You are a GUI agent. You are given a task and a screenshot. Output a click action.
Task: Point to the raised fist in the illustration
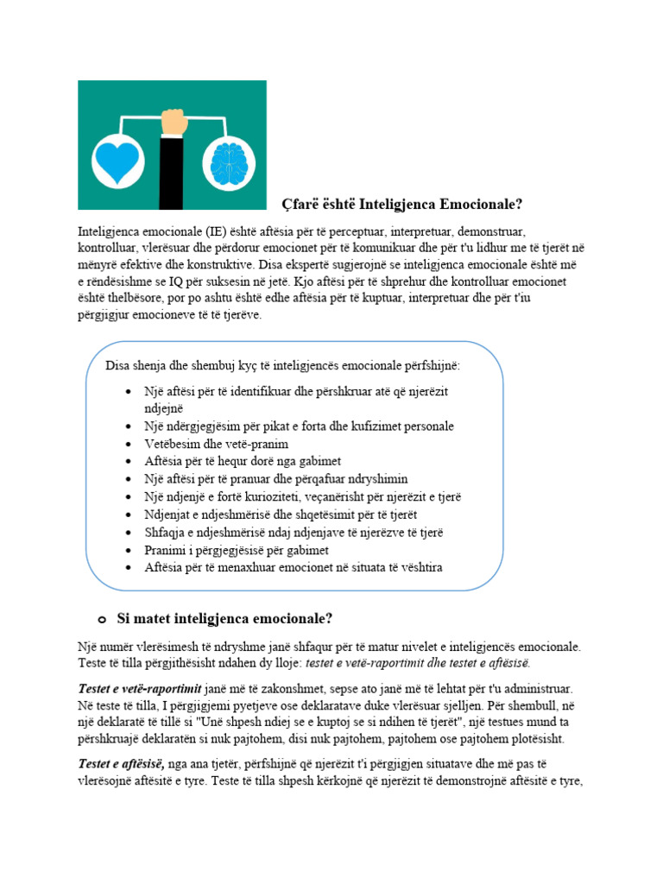click(174, 120)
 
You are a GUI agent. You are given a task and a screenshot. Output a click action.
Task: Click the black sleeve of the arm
click(172, 173)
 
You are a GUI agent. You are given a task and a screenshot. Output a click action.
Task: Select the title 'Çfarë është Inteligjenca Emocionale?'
click(402, 204)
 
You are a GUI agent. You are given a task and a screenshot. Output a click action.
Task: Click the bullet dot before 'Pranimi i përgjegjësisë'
click(129, 551)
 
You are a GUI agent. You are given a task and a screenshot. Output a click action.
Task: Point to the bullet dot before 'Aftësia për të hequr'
click(129, 462)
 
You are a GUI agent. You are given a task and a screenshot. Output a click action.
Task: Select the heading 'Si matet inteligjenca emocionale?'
click(224, 619)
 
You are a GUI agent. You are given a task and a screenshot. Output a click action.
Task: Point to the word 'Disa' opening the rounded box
click(119, 365)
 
